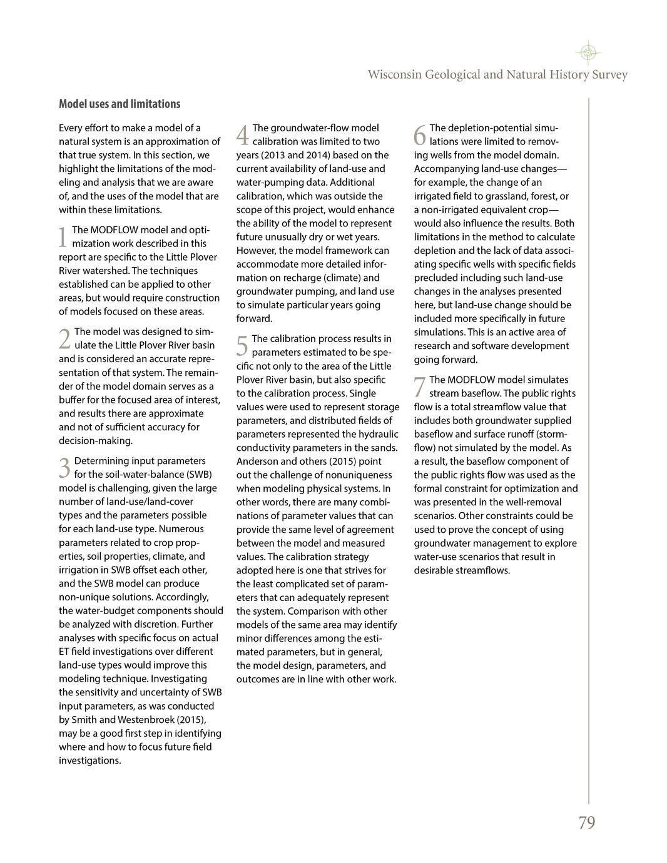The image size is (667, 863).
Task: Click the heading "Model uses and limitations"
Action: coord(120,104)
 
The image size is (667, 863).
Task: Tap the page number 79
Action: coord(586,823)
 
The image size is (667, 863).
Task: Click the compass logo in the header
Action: coord(588,53)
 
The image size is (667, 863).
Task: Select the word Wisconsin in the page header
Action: coord(394,75)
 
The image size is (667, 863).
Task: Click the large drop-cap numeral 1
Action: coord(63,237)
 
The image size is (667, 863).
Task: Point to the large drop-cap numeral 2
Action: coord(64,339)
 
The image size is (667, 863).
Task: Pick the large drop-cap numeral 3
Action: coord(64,468)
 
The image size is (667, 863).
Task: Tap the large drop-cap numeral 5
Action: coord(242,346)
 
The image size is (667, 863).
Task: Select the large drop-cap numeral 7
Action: coord(420,387)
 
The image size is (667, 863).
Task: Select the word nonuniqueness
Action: coord(361,475)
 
